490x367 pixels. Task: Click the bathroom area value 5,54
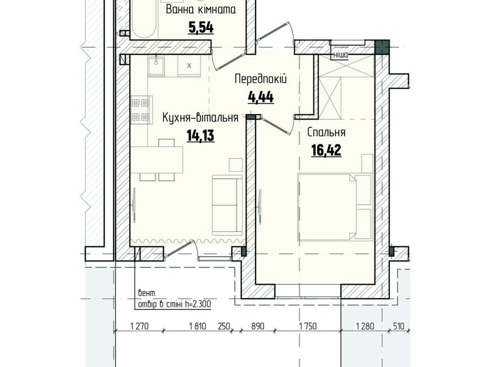click(x=201, y=28)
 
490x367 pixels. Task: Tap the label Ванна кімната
click(x=201, y=10)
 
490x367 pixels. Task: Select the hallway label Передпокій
click(x=261, y=79)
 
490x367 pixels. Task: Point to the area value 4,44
click(x=261, y=97)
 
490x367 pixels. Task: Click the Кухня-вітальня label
click(x=200, y=118)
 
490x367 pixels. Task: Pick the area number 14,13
click(x=200, y=135)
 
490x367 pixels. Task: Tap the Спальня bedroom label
click(x=326, y=133)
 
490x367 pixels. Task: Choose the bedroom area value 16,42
click(x=326, y=150)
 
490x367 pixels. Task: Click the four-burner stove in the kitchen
click(x=141, y=110)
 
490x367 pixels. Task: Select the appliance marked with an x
click(x=189, y=66)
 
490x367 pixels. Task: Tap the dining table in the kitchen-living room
click(x=157, y=160)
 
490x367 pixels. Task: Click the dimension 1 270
click(x=139, y=326)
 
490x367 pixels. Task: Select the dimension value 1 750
click(x=308, y=326)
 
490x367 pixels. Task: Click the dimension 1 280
click(x=365, y=326)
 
